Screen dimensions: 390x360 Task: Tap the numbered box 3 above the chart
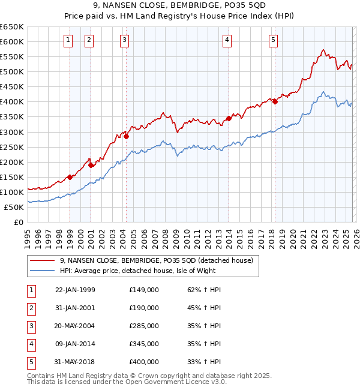(x=124, y=40)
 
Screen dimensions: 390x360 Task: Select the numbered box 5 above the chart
(x=273, y=40)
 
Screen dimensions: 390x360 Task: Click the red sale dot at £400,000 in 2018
(x=275, y=101)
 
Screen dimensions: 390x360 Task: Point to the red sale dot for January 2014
(x=229, y=118)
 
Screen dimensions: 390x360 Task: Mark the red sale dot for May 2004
(x=127, y=136)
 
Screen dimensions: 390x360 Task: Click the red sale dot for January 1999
(x=70, y=177)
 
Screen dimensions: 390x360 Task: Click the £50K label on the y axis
(x=14, y=207)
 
